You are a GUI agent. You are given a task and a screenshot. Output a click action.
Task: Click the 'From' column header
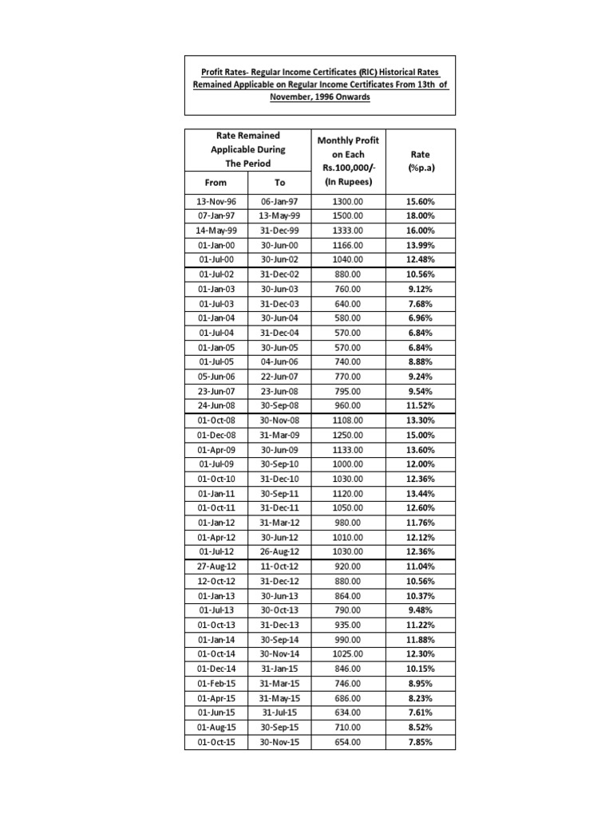click(216, 183)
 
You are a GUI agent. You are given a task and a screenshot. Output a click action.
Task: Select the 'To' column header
click(279, 183)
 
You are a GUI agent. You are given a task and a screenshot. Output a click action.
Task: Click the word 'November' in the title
click(296, 97)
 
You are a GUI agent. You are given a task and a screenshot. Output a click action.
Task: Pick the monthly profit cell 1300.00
click(347, 202)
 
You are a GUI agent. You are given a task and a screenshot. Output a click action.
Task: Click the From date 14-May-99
click(216, 230)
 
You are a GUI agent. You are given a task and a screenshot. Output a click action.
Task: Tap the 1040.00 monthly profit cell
click(347, 259)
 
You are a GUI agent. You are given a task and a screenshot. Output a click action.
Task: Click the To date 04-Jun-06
click(279, 361)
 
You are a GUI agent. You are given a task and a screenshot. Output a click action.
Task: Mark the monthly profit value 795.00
click(347, 391)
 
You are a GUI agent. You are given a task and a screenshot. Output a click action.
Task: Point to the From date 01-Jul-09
click(216, 464)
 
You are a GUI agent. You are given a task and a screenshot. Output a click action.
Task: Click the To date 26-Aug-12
click(279, 551)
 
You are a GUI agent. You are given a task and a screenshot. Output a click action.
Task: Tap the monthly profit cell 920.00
click(347, 566)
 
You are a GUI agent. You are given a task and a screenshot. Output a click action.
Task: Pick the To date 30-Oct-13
click(279, 610)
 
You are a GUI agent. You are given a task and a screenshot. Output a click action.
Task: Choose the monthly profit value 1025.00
click(347, 654)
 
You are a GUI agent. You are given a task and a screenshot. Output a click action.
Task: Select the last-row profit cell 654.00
click(347, 742)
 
